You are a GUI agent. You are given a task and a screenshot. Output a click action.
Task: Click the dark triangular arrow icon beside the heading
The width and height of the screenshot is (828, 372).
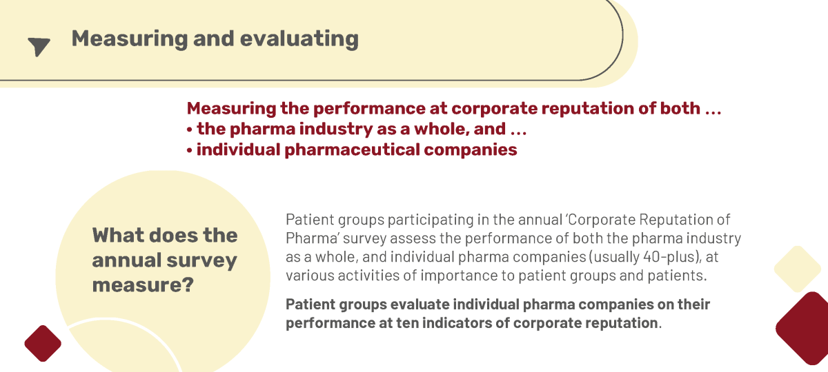tap(39, 46)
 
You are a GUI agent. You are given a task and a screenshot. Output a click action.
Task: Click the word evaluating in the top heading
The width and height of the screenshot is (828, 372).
tap(299, 39)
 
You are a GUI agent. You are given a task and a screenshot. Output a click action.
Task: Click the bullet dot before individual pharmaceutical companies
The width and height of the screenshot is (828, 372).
tap(190, 151)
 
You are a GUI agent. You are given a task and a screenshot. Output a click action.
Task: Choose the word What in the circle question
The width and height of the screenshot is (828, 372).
tap(117, 235)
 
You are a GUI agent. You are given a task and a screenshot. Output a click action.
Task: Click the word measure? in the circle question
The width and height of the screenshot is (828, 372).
tap(143, 285)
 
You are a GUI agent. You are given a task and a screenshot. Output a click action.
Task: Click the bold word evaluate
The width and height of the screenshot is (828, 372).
tap(420, 304)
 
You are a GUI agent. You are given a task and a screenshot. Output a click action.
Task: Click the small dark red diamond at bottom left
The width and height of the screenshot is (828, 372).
tap(43, 343)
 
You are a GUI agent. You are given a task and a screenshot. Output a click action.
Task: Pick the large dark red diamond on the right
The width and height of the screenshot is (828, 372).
tap(804, 328)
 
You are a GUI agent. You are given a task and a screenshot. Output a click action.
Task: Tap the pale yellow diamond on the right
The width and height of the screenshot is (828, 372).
tap(798, 269)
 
